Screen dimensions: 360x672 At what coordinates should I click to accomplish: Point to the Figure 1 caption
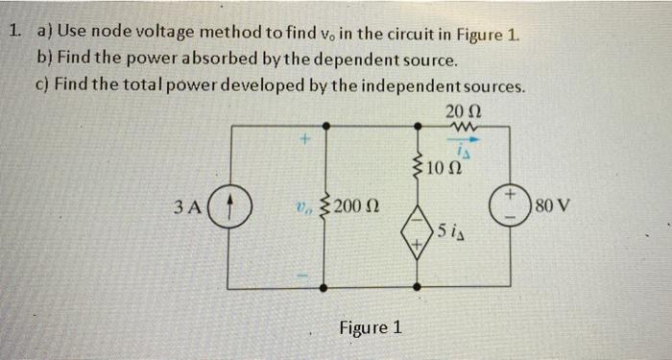371,327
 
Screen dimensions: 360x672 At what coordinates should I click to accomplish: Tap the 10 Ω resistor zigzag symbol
419,169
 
